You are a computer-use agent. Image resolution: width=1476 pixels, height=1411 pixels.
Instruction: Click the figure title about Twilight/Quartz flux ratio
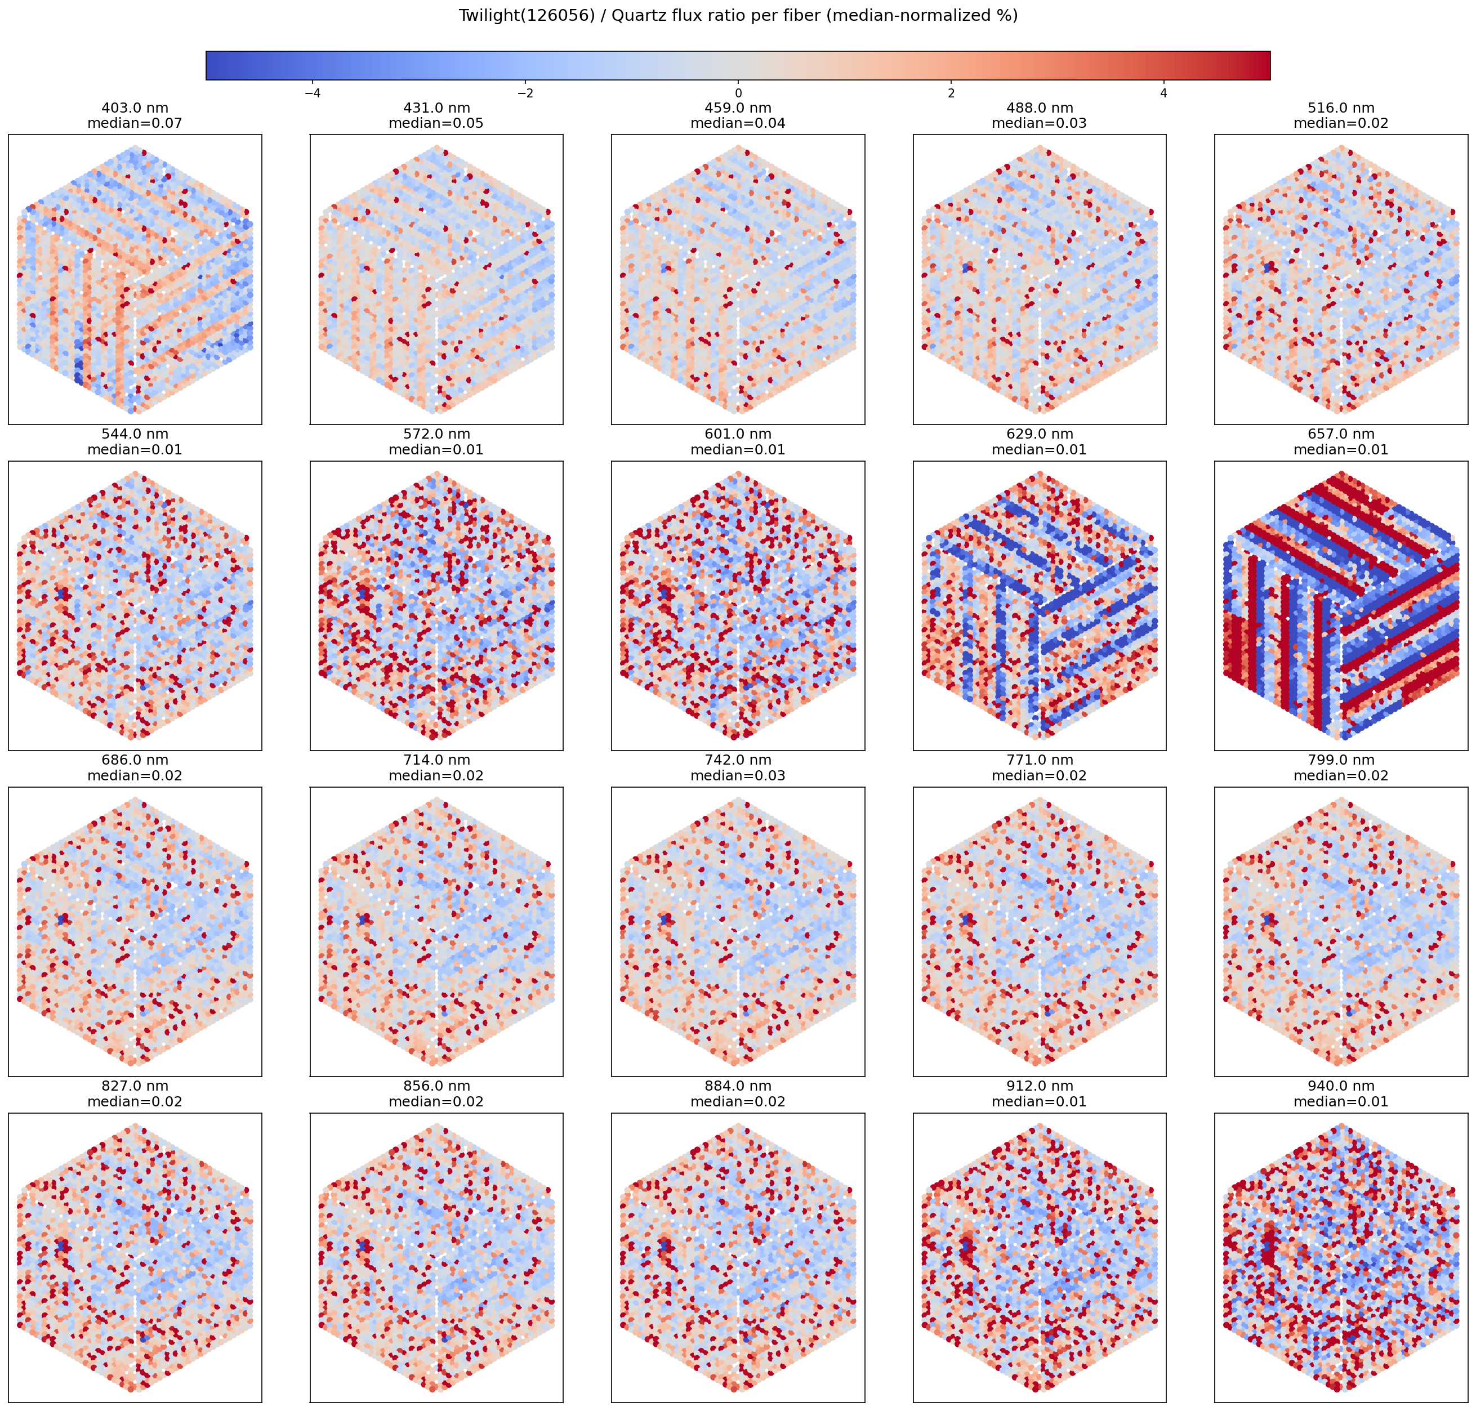(x=738, y=16)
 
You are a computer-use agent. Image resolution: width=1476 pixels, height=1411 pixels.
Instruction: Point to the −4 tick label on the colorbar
(x=312, y=93)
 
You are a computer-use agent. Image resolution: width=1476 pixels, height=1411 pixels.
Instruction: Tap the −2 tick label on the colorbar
(x=525, y=93)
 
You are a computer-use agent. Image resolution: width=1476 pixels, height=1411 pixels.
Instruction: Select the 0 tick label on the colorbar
(x=738, y=93)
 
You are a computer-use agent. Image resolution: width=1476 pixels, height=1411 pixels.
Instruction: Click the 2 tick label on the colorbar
(x=951, y=93)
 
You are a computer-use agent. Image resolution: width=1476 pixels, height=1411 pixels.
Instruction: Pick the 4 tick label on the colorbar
(x=1164, y=93)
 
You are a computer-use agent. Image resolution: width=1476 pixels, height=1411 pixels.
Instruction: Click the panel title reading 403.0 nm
(x=135, y=108)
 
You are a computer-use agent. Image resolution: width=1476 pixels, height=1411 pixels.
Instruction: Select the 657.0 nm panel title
(x=1341, y=434)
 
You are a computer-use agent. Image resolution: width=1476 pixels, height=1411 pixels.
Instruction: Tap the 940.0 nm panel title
(x=1341, y=1086)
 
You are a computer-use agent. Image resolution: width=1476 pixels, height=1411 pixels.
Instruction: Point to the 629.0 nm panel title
(x=1039, y=434)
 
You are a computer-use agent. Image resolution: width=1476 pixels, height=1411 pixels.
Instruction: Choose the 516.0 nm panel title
(x=1341, y=108)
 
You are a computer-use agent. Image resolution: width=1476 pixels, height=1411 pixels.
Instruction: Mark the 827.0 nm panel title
(x=135, y=1086)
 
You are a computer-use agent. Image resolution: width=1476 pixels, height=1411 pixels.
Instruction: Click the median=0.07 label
(x=135, y=123)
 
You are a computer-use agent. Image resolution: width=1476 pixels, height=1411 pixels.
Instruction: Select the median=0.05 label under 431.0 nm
(x=436, y=123)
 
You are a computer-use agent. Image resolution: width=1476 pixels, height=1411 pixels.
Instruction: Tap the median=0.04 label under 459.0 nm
(x=738, y=123)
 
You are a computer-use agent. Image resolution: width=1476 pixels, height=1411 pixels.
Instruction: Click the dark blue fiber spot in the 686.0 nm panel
(x=62, y=919)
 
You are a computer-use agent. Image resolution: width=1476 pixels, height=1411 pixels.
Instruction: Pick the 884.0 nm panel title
(x=738, y=1086)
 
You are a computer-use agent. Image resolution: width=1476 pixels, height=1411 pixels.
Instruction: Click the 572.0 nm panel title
(x=436, y=434)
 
